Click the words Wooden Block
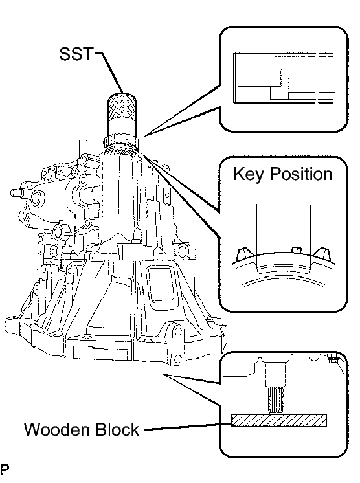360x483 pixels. [82, 429]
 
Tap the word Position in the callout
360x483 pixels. [301, 174]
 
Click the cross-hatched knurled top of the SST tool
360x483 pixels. [122, 105]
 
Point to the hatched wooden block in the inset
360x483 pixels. [278, 420]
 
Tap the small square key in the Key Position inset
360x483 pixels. [296, 249]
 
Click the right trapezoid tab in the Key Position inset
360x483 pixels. [322, 253]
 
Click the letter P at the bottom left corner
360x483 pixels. [5, 469]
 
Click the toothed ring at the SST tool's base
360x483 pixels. [120, 142]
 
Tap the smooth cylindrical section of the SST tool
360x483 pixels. [122, 126]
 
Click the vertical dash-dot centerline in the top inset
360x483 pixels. [317, 80]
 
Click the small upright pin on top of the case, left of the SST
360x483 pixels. [82, 148]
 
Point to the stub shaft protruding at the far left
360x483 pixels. [16, 193]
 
